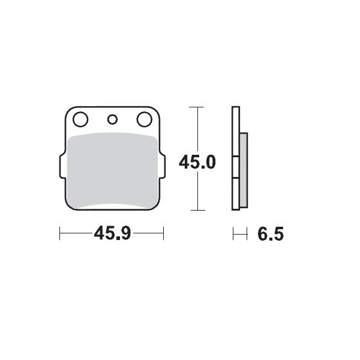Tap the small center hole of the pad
112,118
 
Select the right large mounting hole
144,119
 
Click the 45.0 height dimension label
197,162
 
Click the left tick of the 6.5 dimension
233,233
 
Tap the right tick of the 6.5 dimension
247,233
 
